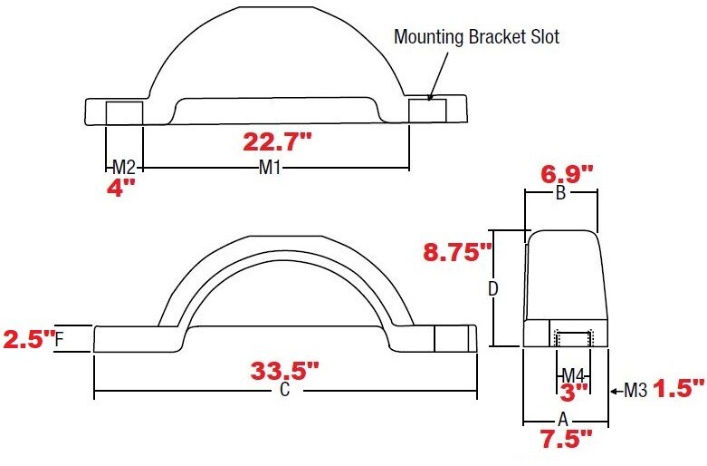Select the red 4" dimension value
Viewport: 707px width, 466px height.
(x=122, y=189)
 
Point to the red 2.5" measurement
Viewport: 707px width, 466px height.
(x=25, y=340)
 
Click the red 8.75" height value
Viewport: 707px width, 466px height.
(x=457, y=252)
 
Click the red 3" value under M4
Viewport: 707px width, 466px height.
(x=572, y=392)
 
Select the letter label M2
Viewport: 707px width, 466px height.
(x=124, y=168)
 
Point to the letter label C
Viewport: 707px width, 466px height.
(x=284, y=392)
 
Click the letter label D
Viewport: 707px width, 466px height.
(x=493, y=289)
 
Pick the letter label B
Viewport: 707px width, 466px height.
(x=560, y=193)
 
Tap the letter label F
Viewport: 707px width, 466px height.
(x=59, y=340)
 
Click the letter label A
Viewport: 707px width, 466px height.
(x=562, y=420)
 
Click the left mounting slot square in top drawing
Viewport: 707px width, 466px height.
(x=124, y=112)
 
